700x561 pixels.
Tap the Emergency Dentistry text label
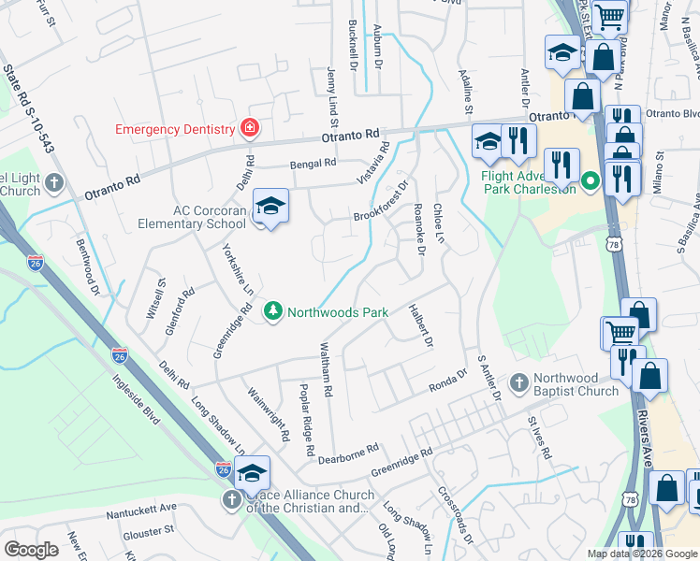175,129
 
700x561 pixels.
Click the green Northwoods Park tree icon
272,310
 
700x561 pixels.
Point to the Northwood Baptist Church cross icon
518,382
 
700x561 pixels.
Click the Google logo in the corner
31,549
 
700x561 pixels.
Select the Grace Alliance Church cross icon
231,500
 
